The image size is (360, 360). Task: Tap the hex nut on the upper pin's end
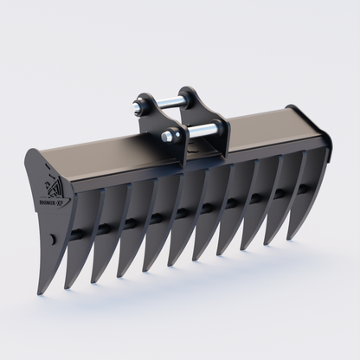click(137, 109)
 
